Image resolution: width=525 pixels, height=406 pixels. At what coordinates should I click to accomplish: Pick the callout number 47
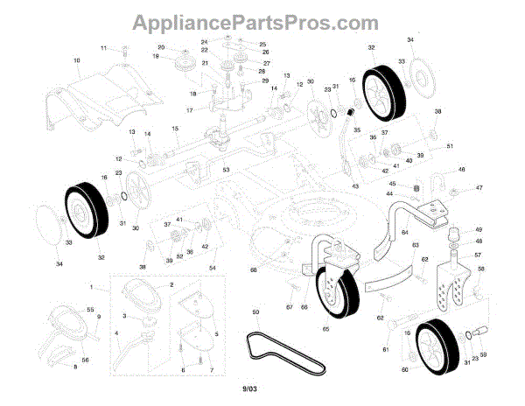(x=479, y=188)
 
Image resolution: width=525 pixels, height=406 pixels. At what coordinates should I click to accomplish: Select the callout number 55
(x=90, y=310)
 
